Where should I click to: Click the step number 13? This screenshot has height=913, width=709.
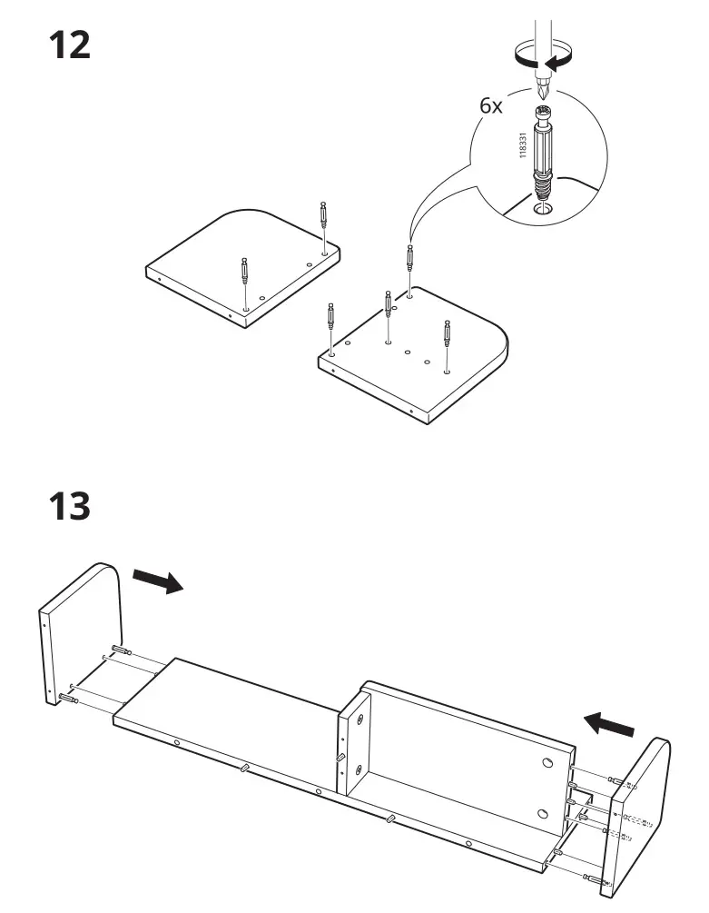point(69,505)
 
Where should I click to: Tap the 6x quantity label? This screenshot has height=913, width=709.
point(491,106)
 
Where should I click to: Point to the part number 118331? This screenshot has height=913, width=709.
point(522,145)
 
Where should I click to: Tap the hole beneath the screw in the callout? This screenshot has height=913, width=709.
point(543,209)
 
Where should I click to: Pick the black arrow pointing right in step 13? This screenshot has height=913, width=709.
point(157,581)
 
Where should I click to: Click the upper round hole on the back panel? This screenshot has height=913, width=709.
point(548,761)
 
